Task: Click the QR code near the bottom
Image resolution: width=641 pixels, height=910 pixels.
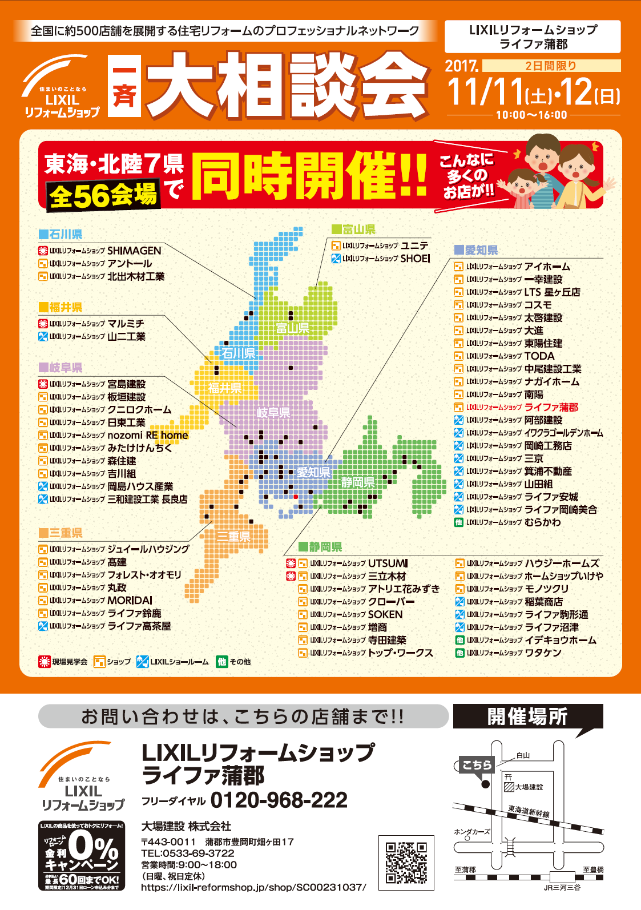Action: (406, 862)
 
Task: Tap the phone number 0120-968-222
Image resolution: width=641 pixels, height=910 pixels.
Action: (279, 800)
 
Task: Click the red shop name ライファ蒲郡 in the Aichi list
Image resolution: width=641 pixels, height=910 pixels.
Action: (551, 407)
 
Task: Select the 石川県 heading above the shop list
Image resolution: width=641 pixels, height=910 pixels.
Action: (61, 234)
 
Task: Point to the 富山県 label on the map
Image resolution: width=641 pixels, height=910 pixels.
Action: (292, 328)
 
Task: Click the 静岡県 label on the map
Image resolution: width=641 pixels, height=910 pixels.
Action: (358, 482)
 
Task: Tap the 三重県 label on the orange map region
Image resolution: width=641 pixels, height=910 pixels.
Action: (233, 537)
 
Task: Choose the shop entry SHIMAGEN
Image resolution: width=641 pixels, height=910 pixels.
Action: (134, 251)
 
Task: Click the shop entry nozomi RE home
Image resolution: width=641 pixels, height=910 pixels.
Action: (148, 435)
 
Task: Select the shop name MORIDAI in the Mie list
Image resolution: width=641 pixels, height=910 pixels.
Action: (130, 601)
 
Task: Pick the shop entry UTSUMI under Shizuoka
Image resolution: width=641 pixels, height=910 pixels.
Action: (388, 563)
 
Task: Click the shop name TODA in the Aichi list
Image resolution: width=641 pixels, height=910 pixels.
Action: (539, 356)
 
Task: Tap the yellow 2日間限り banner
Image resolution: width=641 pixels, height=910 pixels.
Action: (551, 66)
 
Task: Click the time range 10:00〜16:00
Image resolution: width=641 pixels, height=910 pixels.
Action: (531, 115)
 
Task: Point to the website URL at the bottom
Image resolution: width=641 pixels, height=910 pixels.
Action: (253, 887)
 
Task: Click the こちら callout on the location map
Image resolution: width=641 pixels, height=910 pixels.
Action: (477, 764)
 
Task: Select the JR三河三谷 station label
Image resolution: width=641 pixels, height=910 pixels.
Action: (562, 887)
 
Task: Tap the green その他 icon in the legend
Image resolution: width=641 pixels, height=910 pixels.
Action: (222, 662)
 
